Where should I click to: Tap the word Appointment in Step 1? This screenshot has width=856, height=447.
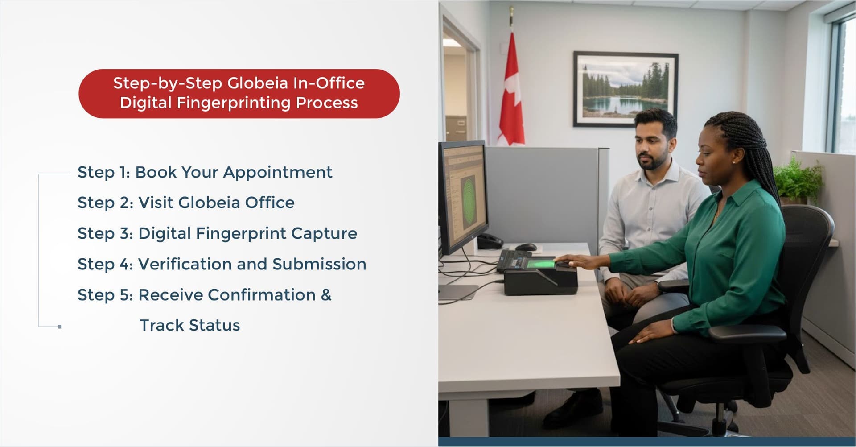(278, 172)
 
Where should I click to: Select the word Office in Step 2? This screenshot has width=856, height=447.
(270, 203)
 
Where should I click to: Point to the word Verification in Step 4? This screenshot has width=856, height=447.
(185, 264)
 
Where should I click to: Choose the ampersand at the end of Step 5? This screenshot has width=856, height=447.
(326, 295)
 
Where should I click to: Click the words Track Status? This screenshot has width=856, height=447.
(190, 326)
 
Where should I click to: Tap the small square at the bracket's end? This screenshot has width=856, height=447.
(60, 327)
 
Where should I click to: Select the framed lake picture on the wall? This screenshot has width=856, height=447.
(626, 89)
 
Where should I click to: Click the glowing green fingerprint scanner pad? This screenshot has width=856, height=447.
(540, 264)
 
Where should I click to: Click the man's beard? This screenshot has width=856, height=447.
(651, 162)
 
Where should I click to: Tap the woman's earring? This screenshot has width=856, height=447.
(734, 163)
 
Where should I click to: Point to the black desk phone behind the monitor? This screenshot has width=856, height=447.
(489, 241)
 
